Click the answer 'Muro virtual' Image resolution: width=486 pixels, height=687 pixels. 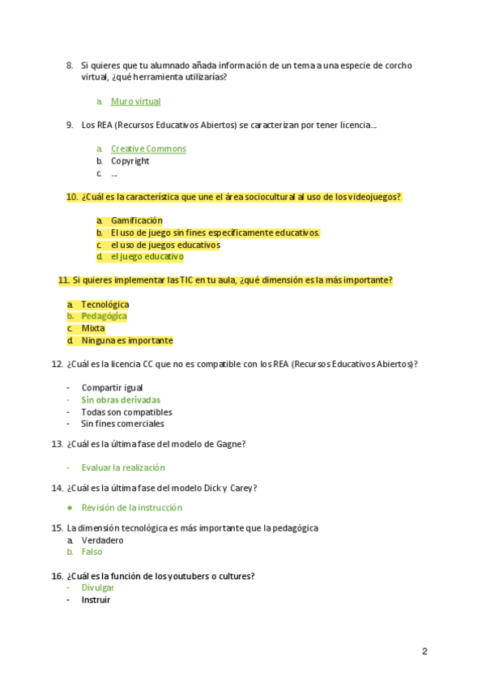tap(135, 101)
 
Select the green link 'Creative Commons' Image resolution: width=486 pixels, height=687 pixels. tap(148, 149)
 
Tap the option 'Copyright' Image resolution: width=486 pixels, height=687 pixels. tap(130, 161)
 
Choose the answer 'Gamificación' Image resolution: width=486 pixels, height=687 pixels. tap(136, 220)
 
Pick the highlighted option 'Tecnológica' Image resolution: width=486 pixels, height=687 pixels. tap(104, 305)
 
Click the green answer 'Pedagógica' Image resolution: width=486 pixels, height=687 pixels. tap(104, 317)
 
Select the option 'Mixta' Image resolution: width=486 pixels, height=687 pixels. tap(92, 329)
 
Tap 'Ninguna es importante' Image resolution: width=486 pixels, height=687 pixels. tap(126, 341)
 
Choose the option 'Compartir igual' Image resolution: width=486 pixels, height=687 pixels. tap(112, 388)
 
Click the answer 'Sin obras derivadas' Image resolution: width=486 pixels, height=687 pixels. tap(121, 400)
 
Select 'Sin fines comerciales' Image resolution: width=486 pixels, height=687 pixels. tap(122, 424)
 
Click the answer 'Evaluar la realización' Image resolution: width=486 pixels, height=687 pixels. tap(122, 467)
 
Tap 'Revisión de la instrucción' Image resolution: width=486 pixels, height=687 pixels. tap(131, 508)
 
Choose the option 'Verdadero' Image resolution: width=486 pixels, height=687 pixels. tap(102, 540)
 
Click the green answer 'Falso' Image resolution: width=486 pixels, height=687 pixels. tap(92, 552)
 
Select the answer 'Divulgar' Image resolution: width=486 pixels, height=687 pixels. tap(97, 588)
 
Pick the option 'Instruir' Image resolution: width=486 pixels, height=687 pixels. tap(96, 600)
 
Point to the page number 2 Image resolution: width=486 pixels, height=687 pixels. tap(424, 651)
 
